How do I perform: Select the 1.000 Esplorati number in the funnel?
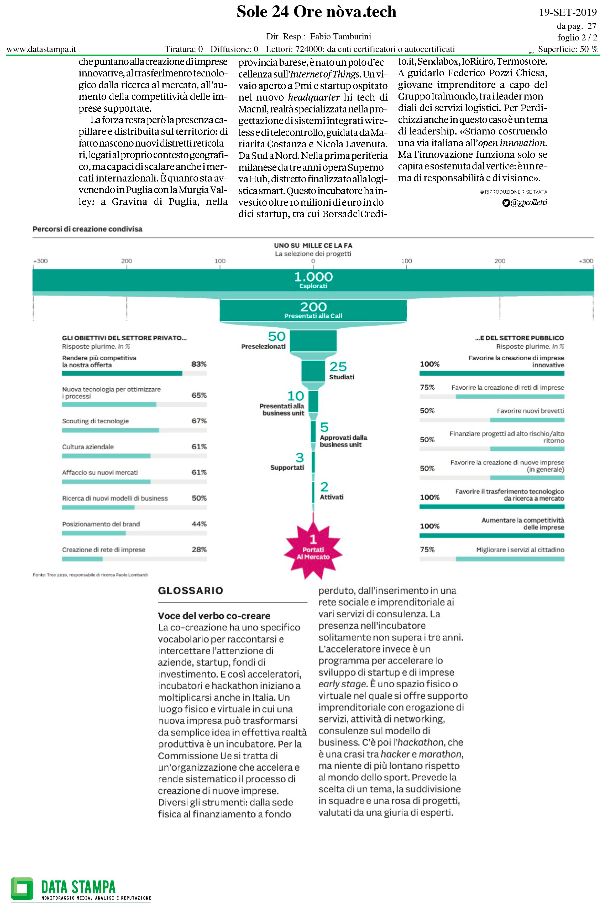tap(313, 277)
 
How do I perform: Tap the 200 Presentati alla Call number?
tap(313, 307)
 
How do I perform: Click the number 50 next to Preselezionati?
tap(277, 336)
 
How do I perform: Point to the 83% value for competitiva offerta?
tap(199, 364)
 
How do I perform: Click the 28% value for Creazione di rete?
tap(199, 549)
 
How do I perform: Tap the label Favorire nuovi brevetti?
tap(530, 411)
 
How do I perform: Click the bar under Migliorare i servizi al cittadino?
tap(510, 559)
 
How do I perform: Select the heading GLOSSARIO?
tap(190, 591)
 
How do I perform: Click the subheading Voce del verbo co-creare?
tap(214, 616)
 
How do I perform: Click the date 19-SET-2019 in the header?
tap(568, 12)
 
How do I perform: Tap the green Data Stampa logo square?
tap(22, 888)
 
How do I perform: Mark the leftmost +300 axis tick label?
tap(40, 261)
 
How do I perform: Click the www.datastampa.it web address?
tap(41, 49)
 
